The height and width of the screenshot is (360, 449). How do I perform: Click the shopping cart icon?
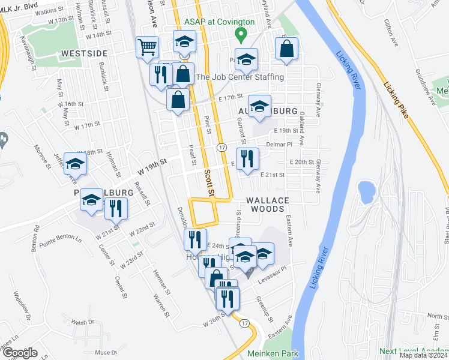tap(147, 47)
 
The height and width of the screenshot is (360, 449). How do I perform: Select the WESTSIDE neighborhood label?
tap(84, 53)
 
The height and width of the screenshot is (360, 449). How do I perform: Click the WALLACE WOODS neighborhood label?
tap(268, 204)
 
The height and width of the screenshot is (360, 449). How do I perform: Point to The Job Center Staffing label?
tap(240, 77)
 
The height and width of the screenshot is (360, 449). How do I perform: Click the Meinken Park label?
tap(273, 354)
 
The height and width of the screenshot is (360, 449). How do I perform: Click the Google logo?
tap(20, 353)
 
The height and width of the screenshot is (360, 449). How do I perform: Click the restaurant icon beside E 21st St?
tap(247, 159)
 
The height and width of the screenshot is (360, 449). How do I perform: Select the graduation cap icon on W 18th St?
tap(76, 163)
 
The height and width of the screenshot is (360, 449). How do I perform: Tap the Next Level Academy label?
tap(414, 351)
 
